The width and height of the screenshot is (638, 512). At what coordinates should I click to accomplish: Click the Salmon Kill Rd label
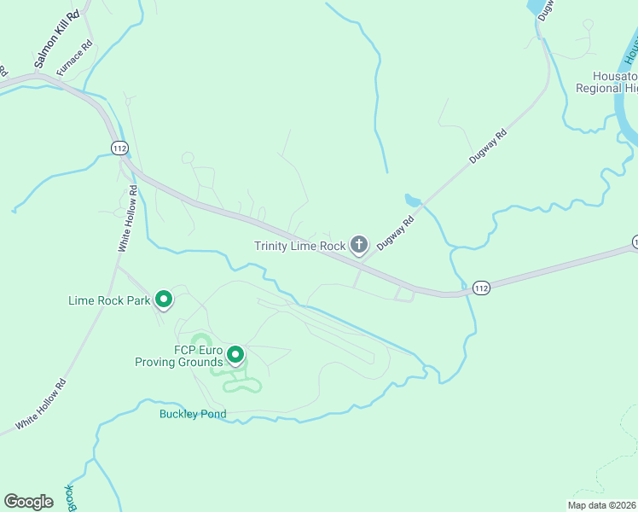point(56,39)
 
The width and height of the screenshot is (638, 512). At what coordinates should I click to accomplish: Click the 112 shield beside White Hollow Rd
point(119,148)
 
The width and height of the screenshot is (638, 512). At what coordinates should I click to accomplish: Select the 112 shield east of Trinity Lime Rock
point(481,288)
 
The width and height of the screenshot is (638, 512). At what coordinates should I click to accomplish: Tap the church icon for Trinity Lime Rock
point(359,246)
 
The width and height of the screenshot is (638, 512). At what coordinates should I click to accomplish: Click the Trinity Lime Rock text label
point(300,246)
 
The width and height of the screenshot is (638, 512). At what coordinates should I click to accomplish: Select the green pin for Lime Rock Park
point(164,300)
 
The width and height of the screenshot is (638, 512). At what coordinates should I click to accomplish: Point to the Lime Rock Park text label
point(109,300)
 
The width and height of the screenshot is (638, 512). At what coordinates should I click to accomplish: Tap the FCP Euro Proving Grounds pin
point(235,354)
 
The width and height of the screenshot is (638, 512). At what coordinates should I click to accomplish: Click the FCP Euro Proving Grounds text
point(178,356)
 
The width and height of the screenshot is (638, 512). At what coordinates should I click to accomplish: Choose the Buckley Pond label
point(193,415)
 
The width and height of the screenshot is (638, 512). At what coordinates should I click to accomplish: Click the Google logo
point(28,502)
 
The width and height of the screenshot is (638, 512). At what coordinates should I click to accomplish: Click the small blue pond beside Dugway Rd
point(413,201)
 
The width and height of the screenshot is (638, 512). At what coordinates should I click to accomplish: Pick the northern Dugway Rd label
point(488,147)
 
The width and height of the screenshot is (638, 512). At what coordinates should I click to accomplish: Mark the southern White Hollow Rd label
point(41,404)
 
